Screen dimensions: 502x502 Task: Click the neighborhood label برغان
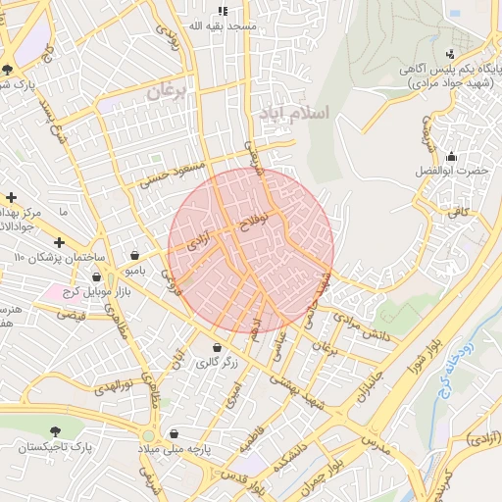(166, 92)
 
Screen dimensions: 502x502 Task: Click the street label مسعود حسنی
(173, 174)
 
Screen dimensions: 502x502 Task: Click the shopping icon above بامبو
(134, 254)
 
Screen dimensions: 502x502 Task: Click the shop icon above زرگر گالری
(217, 348)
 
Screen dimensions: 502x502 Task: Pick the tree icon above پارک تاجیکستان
(55, 431)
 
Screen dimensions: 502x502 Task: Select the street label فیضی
(70, 315)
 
